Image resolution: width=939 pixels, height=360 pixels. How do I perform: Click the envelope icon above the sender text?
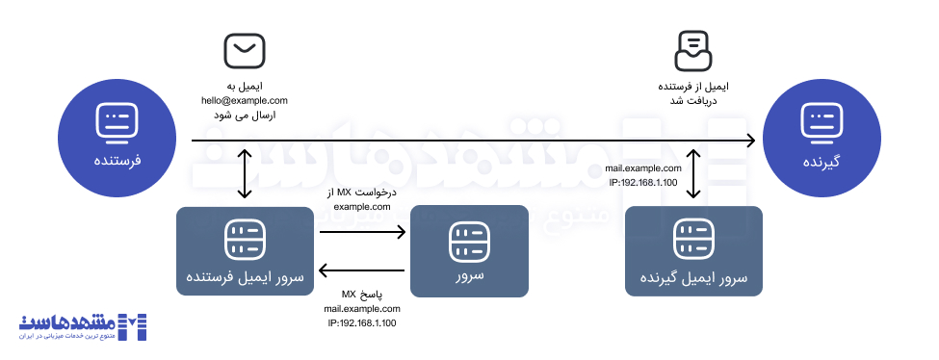(243, 49)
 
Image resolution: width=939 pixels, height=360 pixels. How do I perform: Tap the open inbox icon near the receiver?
(694, 51)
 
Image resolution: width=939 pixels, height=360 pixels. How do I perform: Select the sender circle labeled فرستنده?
(118, 135)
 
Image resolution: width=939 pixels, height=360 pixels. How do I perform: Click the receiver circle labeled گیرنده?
(822, 136)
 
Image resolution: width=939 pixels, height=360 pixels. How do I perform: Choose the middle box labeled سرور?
(469, 250)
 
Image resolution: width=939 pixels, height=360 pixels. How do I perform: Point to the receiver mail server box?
(693, 250)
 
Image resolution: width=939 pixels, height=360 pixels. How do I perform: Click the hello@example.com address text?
(244, 100)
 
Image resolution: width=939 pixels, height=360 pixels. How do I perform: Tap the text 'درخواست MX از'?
(362, 193)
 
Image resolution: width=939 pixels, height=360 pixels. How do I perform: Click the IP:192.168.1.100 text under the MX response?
(362, 323)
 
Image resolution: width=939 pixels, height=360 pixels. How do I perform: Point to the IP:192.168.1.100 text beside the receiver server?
(643, 182)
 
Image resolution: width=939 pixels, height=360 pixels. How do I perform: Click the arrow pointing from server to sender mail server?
(362, 269)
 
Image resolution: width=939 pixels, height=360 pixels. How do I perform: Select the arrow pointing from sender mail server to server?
(362, 232)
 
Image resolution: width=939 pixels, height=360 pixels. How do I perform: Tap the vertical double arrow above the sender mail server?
(249, 176)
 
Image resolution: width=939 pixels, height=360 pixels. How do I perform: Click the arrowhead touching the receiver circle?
(750, 142)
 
